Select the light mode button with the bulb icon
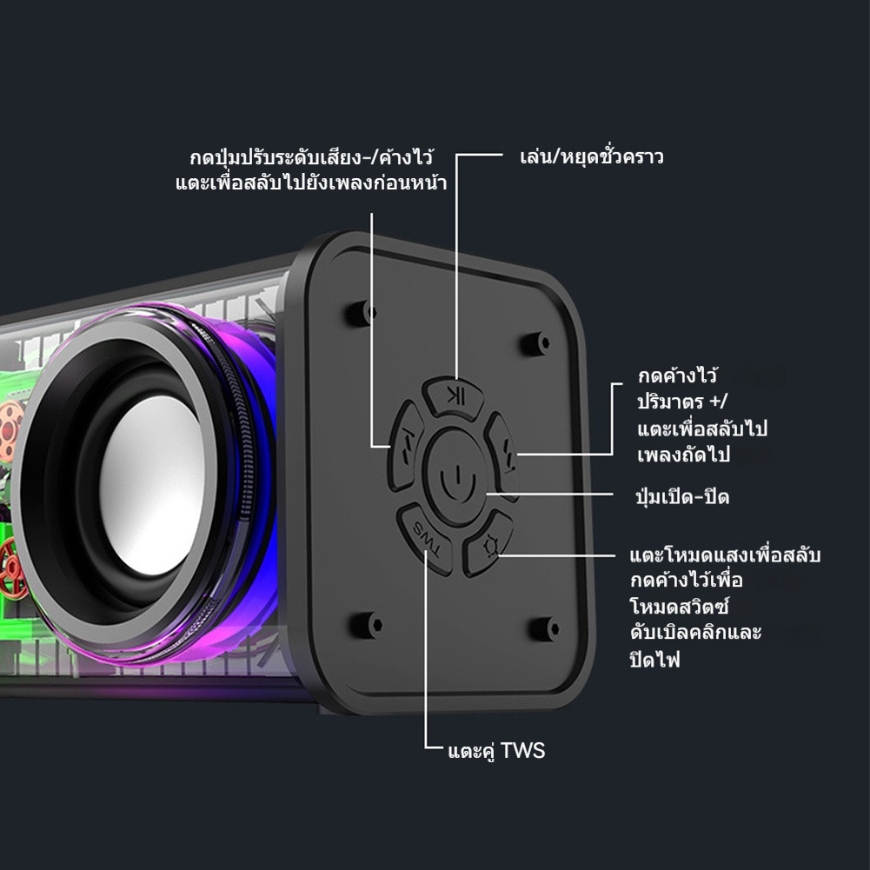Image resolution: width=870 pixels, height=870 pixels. pyautogui.click(x=488, y=544)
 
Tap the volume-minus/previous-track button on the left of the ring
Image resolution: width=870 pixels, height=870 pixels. pyautogui.click(x=406, y=446)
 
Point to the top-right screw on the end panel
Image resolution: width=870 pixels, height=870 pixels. pyautogui.click(x=536, y=343)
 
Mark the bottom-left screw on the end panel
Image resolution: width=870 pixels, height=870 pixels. pyautogui.click(x=367, y=625)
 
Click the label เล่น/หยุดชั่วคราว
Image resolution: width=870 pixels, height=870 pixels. pyautogui.click(x=592, y=157)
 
